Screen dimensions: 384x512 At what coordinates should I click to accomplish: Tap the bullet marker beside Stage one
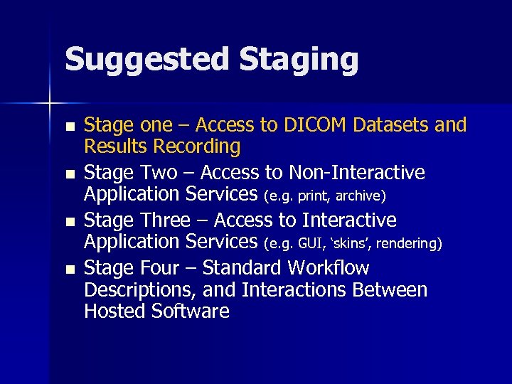tap(68, 127)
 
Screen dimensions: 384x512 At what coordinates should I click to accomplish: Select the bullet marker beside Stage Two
tap(68, 174)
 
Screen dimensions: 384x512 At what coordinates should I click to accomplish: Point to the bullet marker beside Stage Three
tap(68, 222)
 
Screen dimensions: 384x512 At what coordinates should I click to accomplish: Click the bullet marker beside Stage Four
tap(68, 270)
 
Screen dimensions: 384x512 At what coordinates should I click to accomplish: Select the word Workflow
tap(328, 268)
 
